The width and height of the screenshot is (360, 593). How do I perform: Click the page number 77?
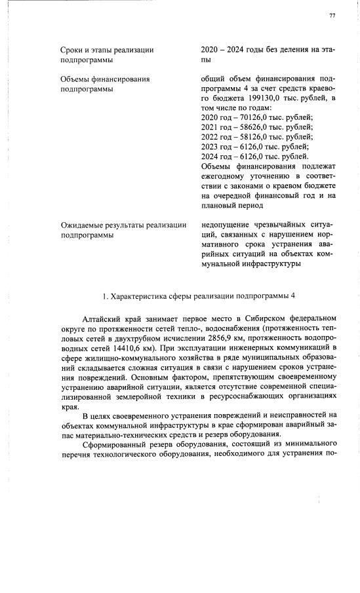tap(332, 15)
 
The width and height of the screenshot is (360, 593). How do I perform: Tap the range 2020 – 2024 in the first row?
tap(224, 49)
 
